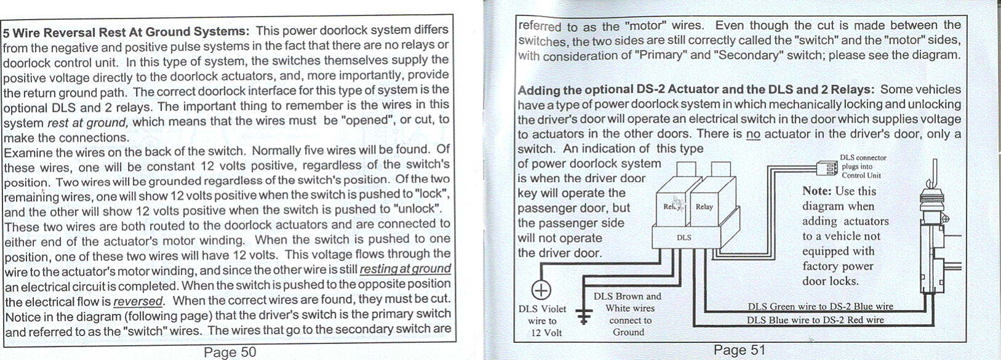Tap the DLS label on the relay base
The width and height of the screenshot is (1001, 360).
684,237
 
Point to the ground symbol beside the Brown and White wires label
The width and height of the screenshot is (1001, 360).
583,314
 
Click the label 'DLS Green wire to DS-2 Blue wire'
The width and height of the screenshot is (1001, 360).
820,306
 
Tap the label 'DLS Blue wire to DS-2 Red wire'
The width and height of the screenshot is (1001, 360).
815,320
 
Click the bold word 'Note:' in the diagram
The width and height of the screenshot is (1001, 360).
816,191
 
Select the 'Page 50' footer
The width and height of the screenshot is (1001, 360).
230,352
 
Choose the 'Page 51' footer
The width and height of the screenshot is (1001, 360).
740,350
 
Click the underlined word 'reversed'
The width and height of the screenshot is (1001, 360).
138,302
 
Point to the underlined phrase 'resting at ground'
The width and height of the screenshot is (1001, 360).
405,270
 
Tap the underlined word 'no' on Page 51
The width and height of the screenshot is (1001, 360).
753,134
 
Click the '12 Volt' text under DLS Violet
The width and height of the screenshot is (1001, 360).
546,333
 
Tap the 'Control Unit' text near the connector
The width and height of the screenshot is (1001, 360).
861,175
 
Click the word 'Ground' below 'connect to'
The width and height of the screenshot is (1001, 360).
628,332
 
